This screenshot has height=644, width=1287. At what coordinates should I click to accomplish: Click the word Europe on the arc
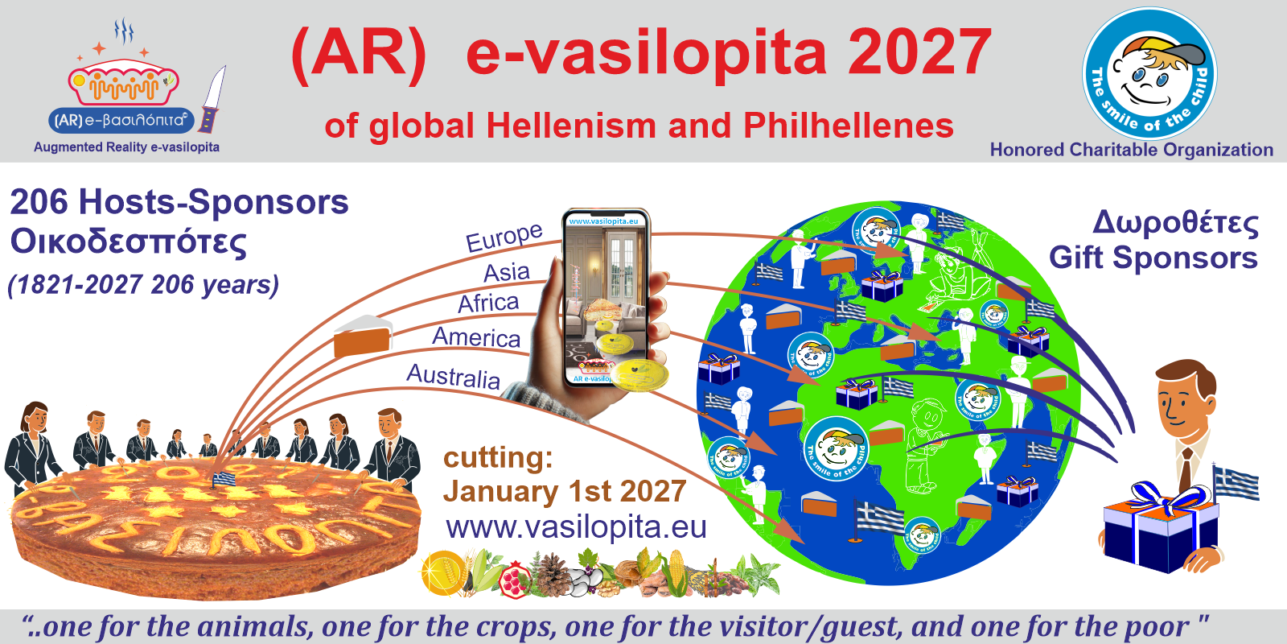504,237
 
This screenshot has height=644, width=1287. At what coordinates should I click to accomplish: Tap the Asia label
506,273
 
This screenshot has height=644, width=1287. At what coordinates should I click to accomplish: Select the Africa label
488,303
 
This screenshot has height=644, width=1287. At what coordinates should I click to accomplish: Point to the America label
476,336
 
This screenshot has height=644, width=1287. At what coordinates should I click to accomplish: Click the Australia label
453,376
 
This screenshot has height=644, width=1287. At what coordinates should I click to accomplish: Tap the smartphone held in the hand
605,298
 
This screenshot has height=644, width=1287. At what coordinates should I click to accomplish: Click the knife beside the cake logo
212,101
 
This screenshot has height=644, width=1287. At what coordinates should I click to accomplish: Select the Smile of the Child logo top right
1149,74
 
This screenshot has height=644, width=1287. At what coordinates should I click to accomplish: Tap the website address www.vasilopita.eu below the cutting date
576,527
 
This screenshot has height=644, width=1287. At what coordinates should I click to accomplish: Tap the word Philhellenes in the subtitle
848,126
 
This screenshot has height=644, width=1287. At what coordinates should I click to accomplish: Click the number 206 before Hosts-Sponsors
39,202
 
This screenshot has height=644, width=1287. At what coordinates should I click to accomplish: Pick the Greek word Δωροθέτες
1175,223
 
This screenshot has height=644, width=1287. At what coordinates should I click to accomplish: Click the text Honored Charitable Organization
1131,150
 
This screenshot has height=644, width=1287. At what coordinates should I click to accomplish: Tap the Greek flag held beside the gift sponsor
1236,483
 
